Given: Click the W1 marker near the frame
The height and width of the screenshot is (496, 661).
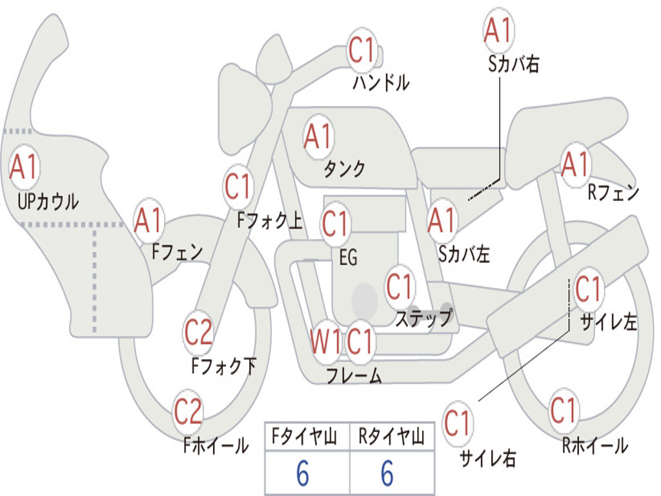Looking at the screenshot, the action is (x=325, y=341).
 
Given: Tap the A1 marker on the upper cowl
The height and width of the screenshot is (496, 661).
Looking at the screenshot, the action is (x=24, y=167).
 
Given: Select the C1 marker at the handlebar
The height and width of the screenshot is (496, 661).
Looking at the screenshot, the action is (x=361, y=50).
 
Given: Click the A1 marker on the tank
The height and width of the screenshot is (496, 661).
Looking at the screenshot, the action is (x=318, y=137).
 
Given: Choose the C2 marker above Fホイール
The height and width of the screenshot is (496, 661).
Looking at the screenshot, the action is (x=188, y=411).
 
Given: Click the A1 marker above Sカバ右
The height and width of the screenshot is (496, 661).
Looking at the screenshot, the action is (x=498, y=30).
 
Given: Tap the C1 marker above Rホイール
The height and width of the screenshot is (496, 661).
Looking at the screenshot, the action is (x=563, y=410).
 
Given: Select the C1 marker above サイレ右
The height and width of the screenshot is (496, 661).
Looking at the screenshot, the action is (x=457, y=422).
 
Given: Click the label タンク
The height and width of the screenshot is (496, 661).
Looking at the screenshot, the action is (x=344, y=169).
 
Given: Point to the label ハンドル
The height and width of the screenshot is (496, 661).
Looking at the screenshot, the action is (x=381, y=83).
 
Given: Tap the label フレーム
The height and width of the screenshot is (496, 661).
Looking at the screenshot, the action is (x=354, y=375).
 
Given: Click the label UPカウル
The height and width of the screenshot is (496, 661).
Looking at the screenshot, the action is (x=48, y=201).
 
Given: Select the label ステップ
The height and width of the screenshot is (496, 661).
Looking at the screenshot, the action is (x=423, y=318).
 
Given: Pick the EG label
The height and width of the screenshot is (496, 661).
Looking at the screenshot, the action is (x=348, y=257).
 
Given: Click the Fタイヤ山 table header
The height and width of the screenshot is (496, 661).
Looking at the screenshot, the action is (x=305, y=437).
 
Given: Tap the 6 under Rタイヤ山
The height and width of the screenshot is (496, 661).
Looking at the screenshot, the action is (x=387, y=473).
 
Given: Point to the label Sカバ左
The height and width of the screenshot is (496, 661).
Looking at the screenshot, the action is (x=463, y=254).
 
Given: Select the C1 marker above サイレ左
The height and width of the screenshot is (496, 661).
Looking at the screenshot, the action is (x=589, y=289).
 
